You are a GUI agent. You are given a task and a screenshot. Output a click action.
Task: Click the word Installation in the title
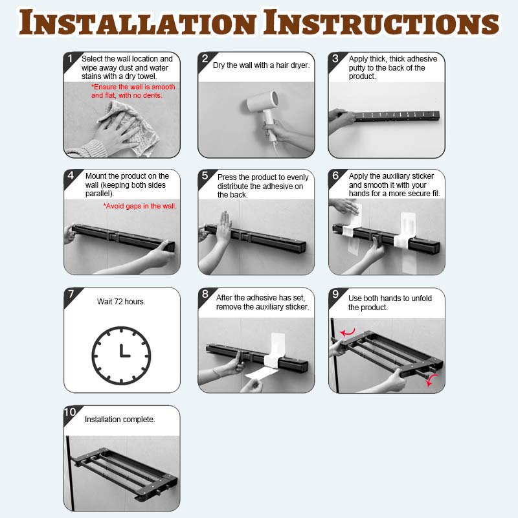[137, 23]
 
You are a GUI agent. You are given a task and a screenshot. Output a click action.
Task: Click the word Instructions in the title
[381, 23]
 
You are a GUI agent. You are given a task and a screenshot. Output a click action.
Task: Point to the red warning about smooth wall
[133, 91]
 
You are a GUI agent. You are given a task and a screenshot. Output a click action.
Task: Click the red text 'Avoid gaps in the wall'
[140, 206]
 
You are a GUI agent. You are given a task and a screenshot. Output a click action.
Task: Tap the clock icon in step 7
[121, 355]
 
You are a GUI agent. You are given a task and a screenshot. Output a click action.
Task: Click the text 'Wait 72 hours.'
[121, 302]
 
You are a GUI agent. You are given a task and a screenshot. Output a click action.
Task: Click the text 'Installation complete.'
[120, 420]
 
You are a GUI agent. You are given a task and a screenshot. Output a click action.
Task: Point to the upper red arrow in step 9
[348, 332]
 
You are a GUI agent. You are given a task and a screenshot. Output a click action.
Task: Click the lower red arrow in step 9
[431, 380]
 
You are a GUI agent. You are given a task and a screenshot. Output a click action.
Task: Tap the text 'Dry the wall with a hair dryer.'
[262, 65]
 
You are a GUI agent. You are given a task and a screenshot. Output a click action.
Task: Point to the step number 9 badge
[335, 295]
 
